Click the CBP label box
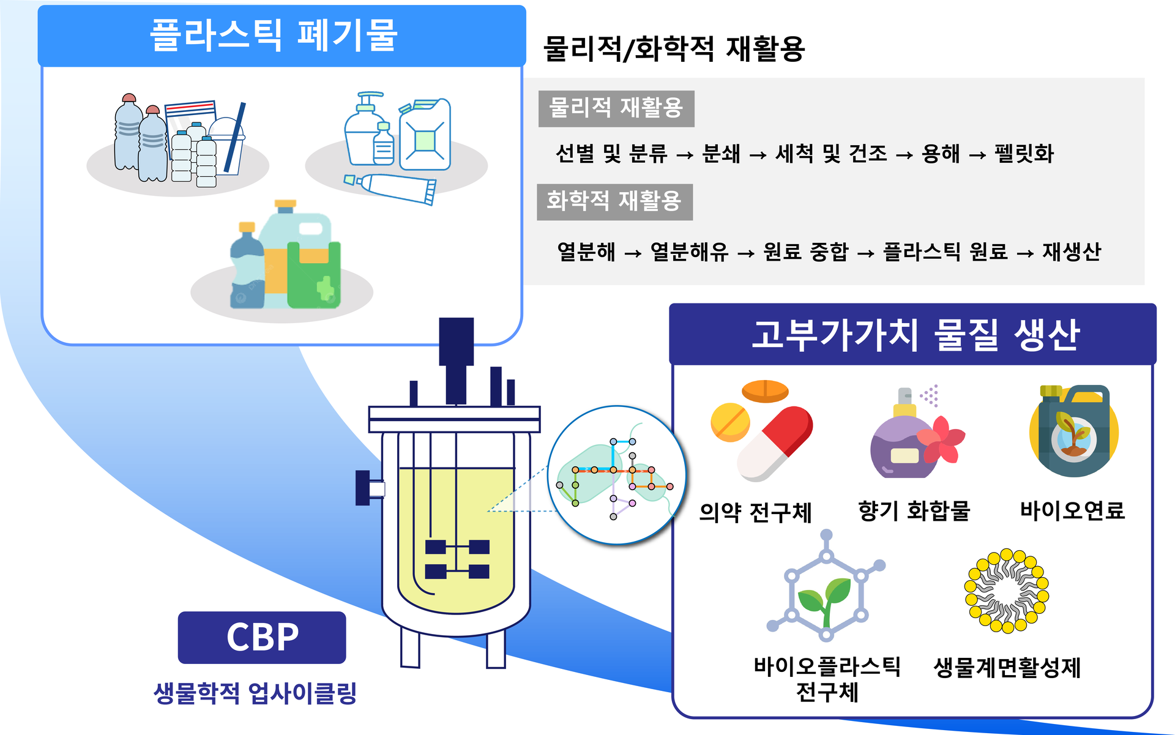262,637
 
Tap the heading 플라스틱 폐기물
274,35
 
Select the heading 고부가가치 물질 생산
914,335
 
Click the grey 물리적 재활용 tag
616,108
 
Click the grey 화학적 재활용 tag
614,201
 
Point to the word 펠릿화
1024,154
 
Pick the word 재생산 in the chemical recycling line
1072,252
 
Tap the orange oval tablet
765,390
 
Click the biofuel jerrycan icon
1074,431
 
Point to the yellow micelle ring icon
1006,591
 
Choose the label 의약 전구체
755,512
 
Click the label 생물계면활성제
1007,668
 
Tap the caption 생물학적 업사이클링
255,693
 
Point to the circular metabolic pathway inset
617,475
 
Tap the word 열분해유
689,252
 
